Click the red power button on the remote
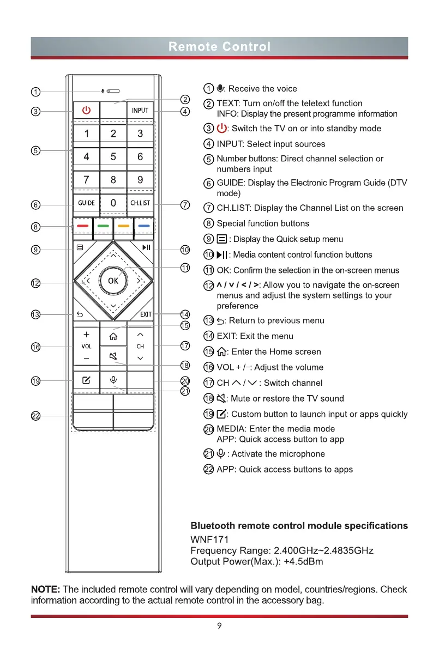(x=86, y=111)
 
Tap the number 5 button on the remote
(x=113, y=157)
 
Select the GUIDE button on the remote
(x=86, y=203)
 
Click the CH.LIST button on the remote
(x=140, y=203)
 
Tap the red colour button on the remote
(x=83, y=225)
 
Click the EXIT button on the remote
(x=146, y=314)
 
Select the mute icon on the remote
(x=113, y=357)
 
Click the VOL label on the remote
(x=86, y=346)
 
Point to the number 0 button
(x=113, y=203)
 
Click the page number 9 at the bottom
(x=219, y=626)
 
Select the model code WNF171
(x=209, y=539)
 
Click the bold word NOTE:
(x=46, y=590)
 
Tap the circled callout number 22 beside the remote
(x=35, y=416)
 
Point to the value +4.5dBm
(x=303, y=562)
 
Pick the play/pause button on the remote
(x=146, y=248)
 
